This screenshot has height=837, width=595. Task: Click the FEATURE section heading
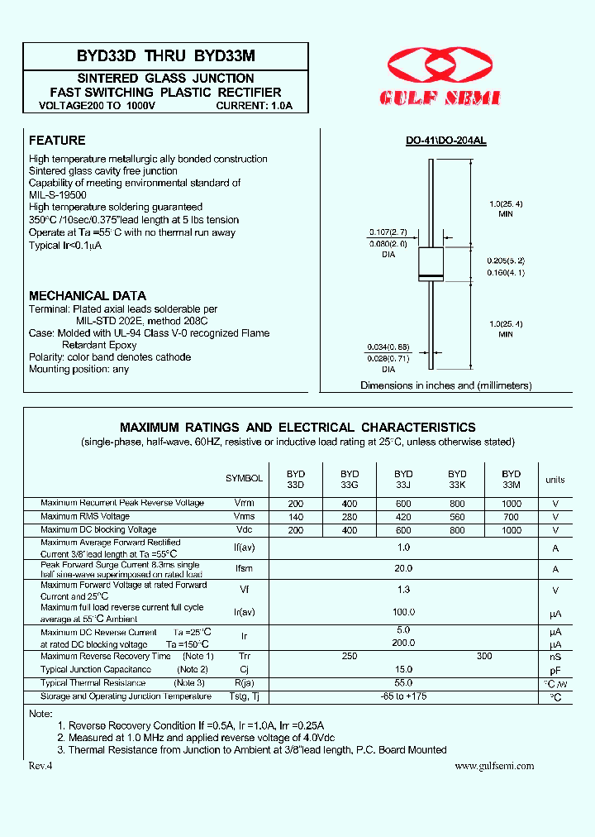tap(57, 141)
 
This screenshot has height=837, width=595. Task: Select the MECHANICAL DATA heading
tap(88, 295)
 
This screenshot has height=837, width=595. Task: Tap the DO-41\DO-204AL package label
tap(445, 141)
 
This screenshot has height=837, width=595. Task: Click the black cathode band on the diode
tap(431, 275)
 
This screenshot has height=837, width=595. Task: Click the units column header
tap(555, 480)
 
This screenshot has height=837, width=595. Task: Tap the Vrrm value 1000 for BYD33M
tap(512, 504)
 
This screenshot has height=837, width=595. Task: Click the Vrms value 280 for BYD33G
tap(350, 517)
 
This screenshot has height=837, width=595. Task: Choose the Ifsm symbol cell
tap(245, 569)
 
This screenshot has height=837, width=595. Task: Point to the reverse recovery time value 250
tap(350, 656)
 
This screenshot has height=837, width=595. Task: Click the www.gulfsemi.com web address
tap(494, 766)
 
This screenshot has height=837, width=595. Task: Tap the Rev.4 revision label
tap(40, 766)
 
